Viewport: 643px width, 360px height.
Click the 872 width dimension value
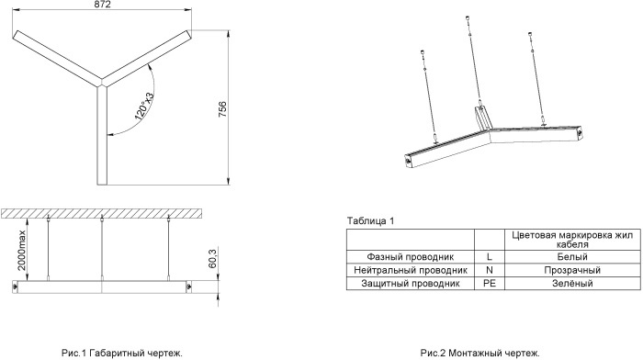pyautogui.click(x=102, y=5)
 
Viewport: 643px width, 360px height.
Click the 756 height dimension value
pyautogui.click(x=222, y=109)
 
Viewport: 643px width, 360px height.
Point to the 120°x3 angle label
pyautogui.click(x=144, y=107)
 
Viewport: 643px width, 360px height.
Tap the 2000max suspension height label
pyautogui.click(x=21, y=250)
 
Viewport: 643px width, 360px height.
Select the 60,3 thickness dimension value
pyautogui.click(x=212, y=258)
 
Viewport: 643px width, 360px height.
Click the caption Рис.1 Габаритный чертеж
pyautogui.click(x=122, y=353)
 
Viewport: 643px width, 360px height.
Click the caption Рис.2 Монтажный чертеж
pyautogui.click(x=479, y=353)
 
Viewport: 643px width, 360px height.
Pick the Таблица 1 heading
pyautogui.click(x=370, y=221)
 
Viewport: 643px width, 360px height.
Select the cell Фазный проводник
pyautogui.click(x=410, y=257)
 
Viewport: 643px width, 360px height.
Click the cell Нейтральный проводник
pyautogui.click(x=410, y=270)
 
